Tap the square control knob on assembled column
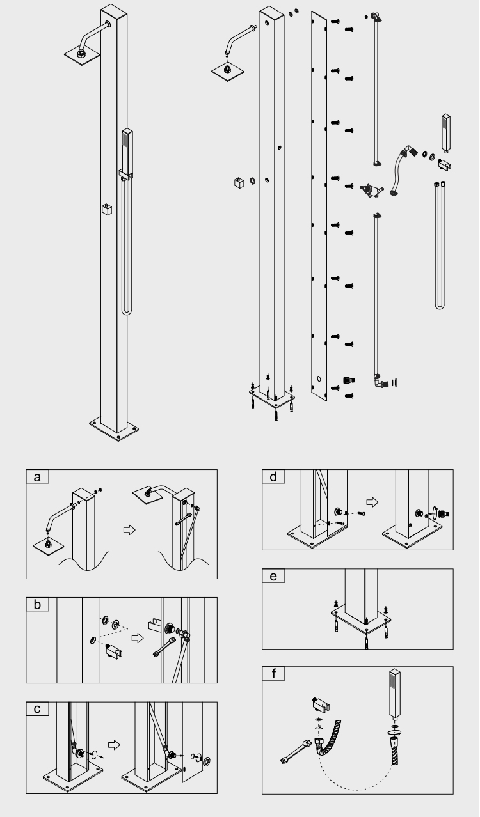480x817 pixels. (x=107, y=210)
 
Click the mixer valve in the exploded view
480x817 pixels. (x=369, y=189)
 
